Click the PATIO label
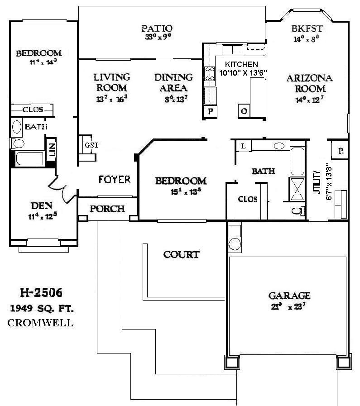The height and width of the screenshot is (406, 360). [x=156, y=29]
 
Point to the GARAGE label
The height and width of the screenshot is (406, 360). [x=289, y=296]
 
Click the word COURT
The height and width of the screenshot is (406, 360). [x=181, y=254]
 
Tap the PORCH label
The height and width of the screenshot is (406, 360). [x=107, y=209]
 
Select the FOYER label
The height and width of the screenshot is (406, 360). [x=115, y=180]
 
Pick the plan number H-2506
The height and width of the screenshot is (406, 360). [x=41, y=292]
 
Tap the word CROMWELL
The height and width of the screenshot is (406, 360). [x=41, y=323]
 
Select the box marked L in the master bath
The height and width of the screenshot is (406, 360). [x=243, y=146]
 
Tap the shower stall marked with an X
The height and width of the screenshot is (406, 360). [x=298, y=188]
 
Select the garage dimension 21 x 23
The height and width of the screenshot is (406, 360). [x=289, y=306]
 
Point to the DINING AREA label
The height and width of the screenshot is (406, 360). [x=173, y=82]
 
